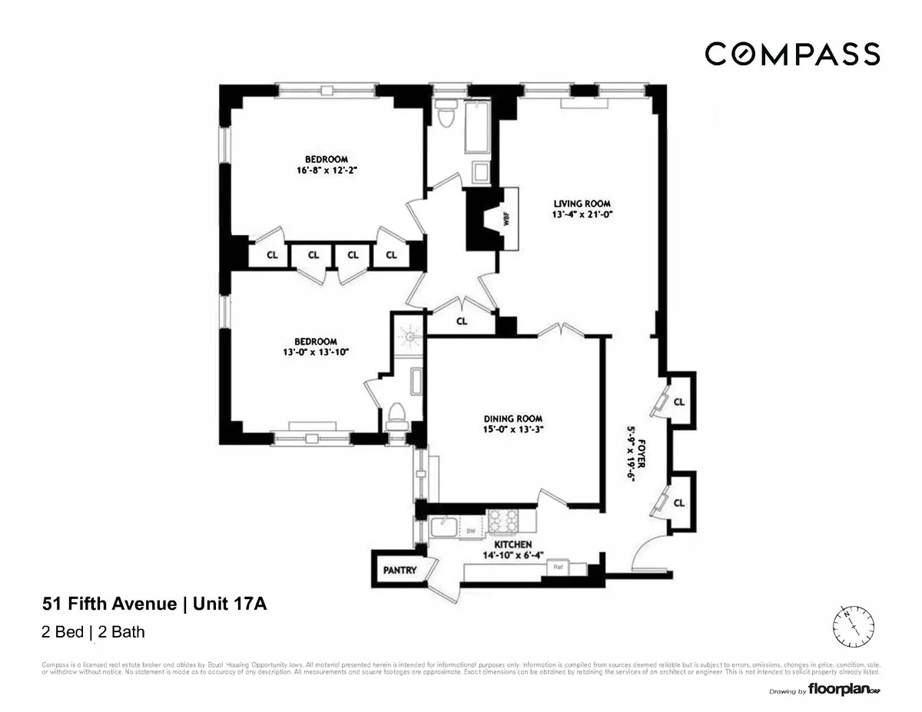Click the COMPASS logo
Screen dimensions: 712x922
click(x=792, y=55)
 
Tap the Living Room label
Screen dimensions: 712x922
click(x=582, y=204)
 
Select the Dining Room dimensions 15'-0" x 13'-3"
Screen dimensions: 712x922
click(x=503, y=431)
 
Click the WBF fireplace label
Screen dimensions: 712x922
click(x=506, y=218)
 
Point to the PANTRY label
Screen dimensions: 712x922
click(x=400, y=570)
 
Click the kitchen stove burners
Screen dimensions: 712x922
click(x=504, y=522)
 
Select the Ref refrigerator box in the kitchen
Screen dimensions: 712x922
click(x=558, y=567)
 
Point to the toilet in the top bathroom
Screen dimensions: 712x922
click(x=445, y=115)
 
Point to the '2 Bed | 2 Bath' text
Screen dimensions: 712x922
click(x=92, y=632)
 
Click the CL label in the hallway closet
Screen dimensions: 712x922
click(x=461, y=322)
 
